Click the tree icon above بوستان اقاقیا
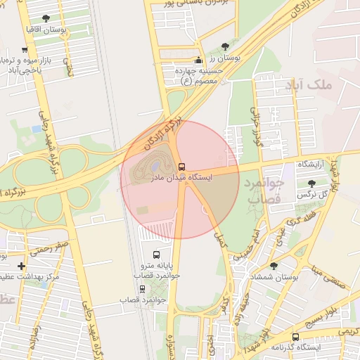[46, 18]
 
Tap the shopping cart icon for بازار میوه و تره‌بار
[25, 50]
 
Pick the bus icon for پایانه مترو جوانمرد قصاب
[156, 255]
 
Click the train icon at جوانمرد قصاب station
[143, 289]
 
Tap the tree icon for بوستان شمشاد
[274, 266]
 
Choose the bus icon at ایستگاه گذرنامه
[296, 337]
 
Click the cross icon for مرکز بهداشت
[21, 266]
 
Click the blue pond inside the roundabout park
[156, 164]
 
